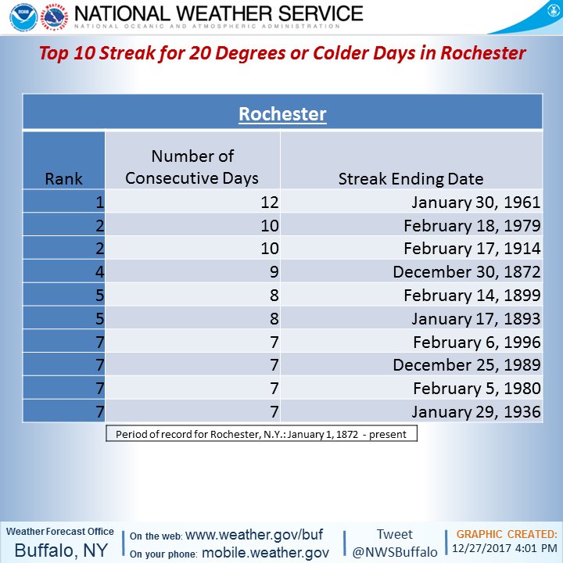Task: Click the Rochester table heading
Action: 282,114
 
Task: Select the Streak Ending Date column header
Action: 411,178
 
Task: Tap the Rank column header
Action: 63,178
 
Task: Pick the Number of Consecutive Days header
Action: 192,167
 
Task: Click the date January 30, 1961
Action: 476,203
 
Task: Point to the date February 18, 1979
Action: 472,226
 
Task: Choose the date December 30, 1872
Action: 467,272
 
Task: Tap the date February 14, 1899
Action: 472,296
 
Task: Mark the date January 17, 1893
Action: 476,319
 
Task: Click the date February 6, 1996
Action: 477,342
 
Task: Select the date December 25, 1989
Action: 467,365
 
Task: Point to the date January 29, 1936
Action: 476,411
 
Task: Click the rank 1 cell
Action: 99,203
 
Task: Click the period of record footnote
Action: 261,434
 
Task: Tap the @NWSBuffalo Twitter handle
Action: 394,551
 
